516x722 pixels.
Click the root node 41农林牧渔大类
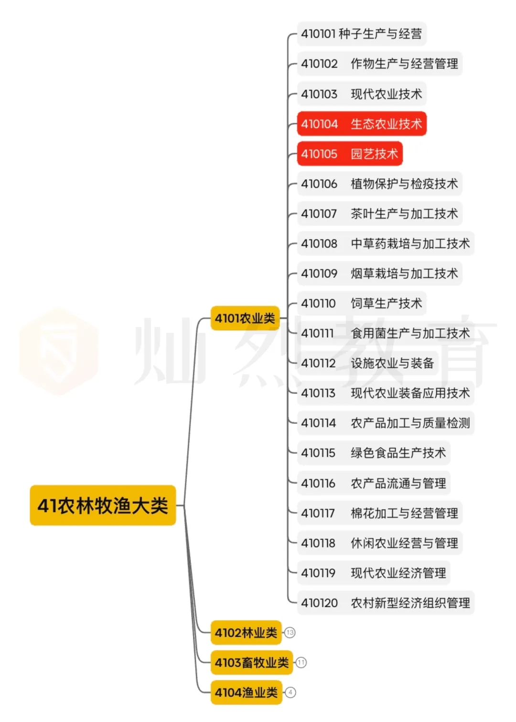(x=103, y=505)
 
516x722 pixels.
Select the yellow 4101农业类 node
(x=245, y=318)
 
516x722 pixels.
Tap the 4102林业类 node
(x=246, y=633)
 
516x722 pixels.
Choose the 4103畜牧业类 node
(x=252, y=663)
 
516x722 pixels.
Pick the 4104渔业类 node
(x=246, y=692)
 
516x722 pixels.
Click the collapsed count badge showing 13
(x=290, y=633)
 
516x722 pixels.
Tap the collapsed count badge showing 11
(x=301, y=663)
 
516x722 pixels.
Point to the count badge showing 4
(x=290, y=692)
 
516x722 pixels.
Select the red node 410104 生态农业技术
(x=362, y=124)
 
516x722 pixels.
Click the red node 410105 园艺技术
(x=350, y=154)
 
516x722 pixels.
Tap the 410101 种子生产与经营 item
(x=362, y=34)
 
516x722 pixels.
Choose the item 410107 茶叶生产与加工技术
(x=380, y=214)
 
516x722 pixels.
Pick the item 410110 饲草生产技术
(x=362, y=303)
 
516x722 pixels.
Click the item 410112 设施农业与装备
(x=368, y=363)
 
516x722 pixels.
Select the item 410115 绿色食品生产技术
(x=374, y=453)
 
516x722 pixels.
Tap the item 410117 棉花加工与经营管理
(x=380, y=513)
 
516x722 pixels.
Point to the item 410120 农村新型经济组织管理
(x=386, y=603)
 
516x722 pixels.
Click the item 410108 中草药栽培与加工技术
(x=386, y=243)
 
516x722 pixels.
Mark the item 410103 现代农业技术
(x=362, y=94)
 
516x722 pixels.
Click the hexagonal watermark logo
(x=59, y=351)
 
